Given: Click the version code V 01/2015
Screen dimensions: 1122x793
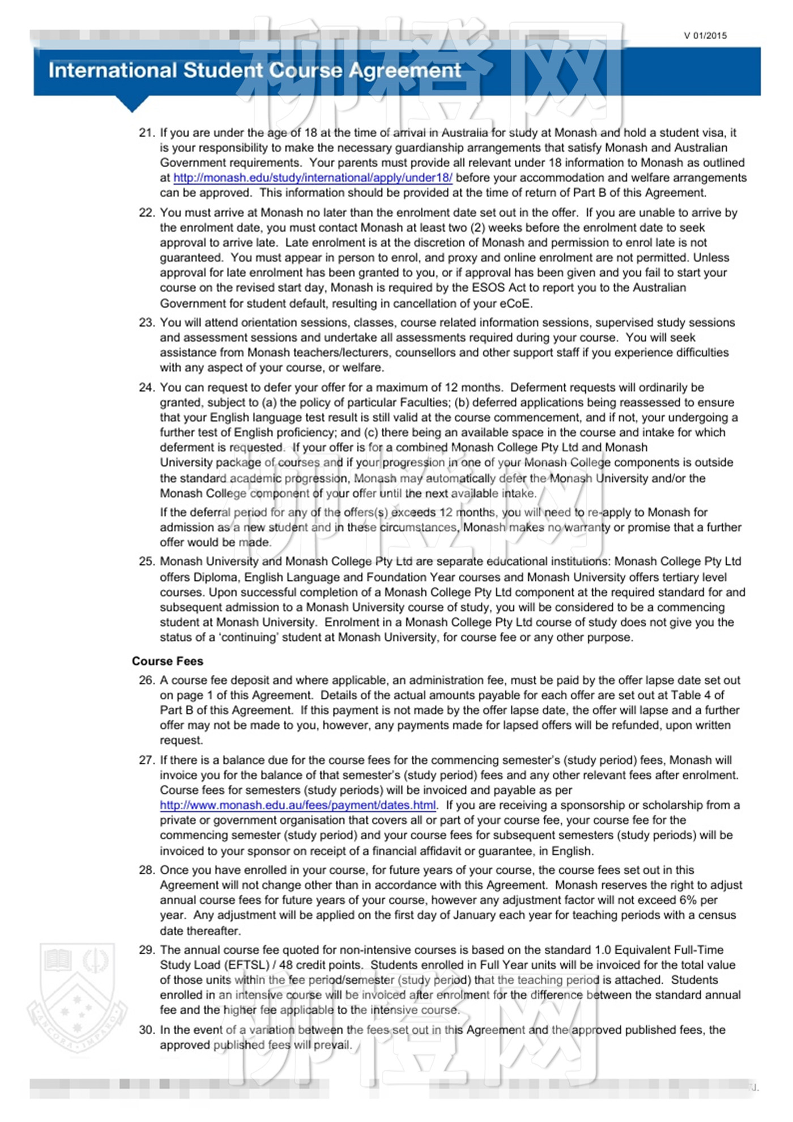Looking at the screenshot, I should (705, 36).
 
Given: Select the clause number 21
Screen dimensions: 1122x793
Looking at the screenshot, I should (146, 133).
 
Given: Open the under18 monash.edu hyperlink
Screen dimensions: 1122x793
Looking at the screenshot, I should (313, 178).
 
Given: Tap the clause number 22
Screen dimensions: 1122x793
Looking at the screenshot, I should (146, 213).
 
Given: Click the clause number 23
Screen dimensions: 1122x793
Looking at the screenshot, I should (146, 323).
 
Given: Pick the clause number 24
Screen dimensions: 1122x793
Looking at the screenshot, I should (146, 388).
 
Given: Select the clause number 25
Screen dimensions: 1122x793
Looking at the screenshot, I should (146, 562).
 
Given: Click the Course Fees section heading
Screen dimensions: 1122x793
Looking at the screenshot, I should (167, 661).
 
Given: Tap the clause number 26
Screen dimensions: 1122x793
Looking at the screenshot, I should (146, 681).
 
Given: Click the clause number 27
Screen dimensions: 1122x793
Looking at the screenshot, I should (146, 760).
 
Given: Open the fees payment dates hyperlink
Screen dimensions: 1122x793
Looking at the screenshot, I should (298, 805).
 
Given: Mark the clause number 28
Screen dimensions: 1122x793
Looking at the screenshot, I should (146, 870).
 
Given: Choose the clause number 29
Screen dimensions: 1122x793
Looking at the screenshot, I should (146, 950).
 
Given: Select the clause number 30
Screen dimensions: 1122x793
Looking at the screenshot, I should (146, 1030).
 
